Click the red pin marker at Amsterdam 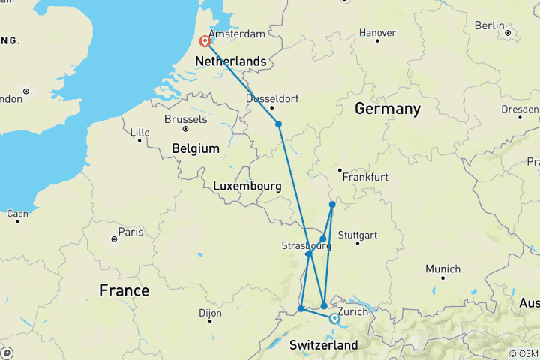[204, 42]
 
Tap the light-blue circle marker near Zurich [334, 318]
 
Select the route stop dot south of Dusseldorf [278, 124]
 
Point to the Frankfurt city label [365, 178]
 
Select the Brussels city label [185, 119]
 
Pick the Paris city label [130, 232]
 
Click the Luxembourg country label [247, 186]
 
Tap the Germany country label [388, 109]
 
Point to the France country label [124, 290]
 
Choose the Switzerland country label [324, 345]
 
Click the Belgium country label [196, 148]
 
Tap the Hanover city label [377, 33]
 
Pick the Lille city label [140, 133]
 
